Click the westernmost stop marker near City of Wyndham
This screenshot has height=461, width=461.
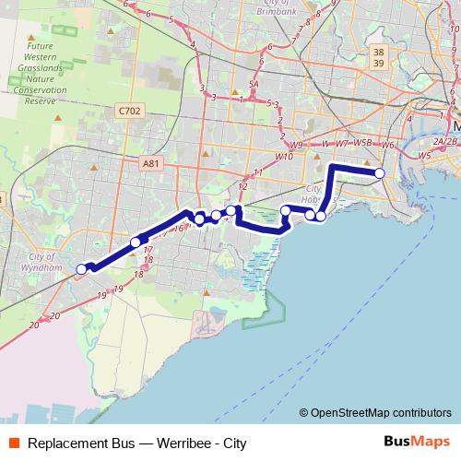[x=81, y=269]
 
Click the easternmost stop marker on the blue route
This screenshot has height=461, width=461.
[x=379, y=173]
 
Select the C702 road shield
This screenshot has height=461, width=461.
[x=130, y=111]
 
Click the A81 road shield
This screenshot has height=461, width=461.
[x=151, y=163]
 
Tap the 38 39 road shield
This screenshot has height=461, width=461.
[x=378, y=57]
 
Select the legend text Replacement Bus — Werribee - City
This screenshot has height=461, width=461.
[x=136, y=443]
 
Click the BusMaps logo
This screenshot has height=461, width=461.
[x=411, y=442]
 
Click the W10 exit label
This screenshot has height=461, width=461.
[x=284, y=157]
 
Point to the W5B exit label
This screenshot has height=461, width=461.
[x=363, y=144]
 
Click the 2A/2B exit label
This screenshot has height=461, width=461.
[x=445, y=141]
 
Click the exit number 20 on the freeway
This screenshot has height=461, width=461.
[x=34, y=325]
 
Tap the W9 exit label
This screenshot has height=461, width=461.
[x=295, y=146]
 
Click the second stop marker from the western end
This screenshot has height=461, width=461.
[x=136, y=242]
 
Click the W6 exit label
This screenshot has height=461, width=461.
[x=387, y=145]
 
